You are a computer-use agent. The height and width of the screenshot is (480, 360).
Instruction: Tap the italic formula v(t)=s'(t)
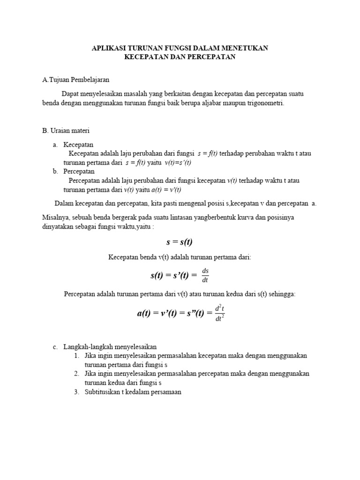tap(178, 163)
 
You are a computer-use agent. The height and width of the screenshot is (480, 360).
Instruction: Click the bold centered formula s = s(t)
tap(180, 242)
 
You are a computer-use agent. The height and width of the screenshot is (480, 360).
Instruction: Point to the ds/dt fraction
tap(204, 276)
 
